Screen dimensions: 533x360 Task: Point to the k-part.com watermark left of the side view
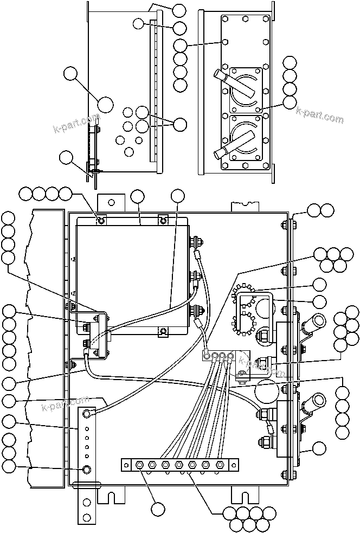(x=75, y=124)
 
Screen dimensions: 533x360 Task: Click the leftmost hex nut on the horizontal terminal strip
(x=139, y=465)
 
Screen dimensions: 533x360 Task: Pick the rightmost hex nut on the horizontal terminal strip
(x=220, y=465)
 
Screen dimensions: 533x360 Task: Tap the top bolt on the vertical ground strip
(x=86, y=415)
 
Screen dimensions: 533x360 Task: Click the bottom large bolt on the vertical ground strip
(x=86, y=469)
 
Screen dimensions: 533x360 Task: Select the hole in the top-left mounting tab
(x=111, y=202)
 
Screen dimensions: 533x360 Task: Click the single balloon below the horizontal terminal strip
(x=158, y=509)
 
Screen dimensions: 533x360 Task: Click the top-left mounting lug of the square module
(x=101, y=220)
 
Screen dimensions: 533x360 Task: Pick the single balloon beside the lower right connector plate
(x=319, y=448)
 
